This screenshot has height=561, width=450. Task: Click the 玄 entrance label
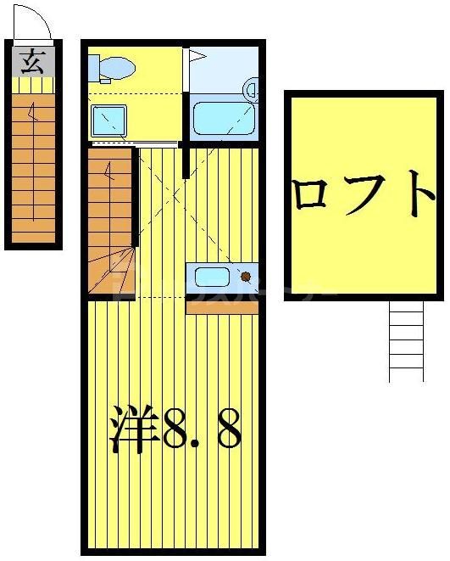point(32,61)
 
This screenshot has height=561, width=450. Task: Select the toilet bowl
point(119,65)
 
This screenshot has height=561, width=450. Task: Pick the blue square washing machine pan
point(108,121)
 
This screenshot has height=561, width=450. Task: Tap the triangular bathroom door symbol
point(196,57)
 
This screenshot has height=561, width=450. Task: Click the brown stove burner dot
point(246,276)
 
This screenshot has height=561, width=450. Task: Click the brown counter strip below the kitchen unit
point(221,307)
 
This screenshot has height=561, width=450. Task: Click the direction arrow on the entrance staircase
point(32,110)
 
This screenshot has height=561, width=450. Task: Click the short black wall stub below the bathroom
point(186,161)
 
